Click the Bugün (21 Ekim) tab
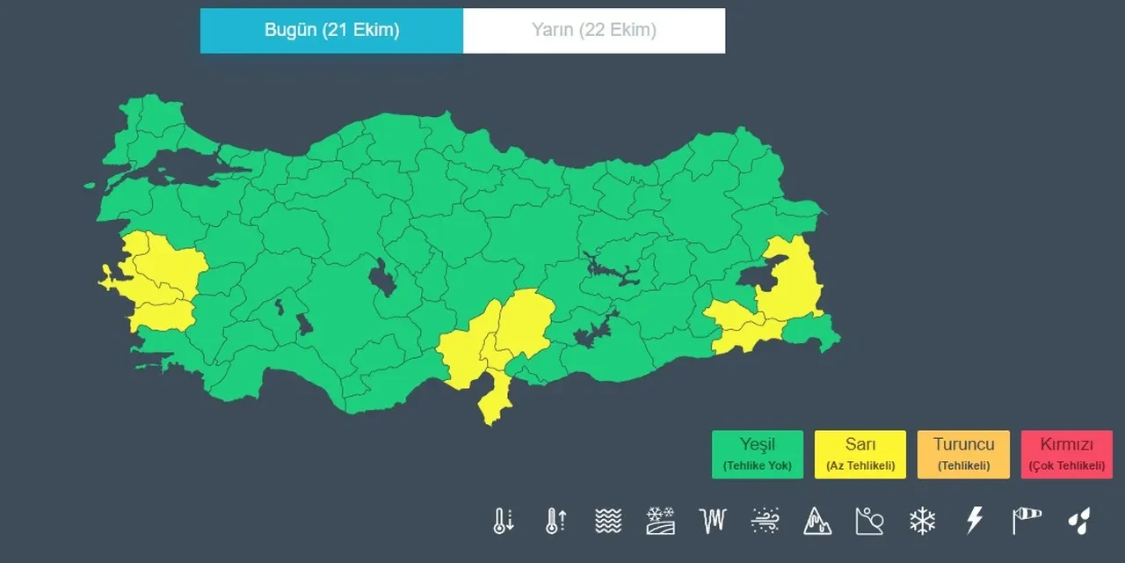(x=331, y=31)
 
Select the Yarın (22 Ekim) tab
(x=593, y=31)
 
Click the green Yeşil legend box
(x=757, y=454)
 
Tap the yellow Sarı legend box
(x=860, y=454)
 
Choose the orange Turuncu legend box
(x=962, y=454)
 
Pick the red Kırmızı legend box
(x=1066, y=454)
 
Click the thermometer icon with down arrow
(x=503, y=521)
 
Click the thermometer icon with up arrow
(x=555, y=521)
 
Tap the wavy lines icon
(x=607, y=521)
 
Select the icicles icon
(x=713, y=521)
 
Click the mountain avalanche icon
(x=817, y=521)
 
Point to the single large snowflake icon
(x=922, y=521)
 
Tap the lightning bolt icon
(x=974, y=521)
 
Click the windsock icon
(x=1026, y=521)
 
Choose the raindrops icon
(x=1078, y=521)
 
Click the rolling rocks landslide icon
(x=869, y=521)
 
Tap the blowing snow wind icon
(x=765, y=521)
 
